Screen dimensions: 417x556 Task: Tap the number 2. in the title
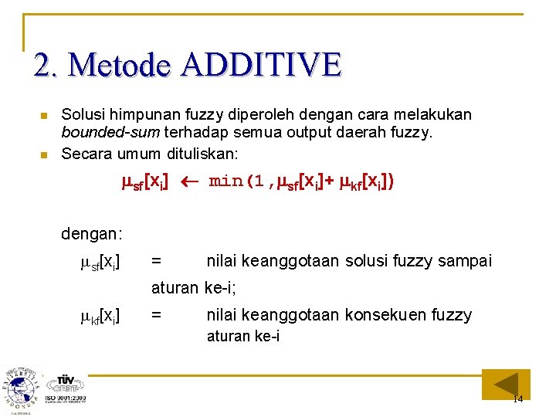click(x=48, y=65)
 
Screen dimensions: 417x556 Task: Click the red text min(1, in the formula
click(x=236, y=182)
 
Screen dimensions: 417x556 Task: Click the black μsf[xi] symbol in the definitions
click(x=100, y=262)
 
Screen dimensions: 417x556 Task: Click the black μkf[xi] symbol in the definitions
click(x=100, y=315)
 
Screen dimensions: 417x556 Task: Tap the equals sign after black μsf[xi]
click(x=156, y=262)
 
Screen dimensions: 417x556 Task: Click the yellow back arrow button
click(x=506, y=384)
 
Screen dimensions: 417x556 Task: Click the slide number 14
click(x=517, y=399)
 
